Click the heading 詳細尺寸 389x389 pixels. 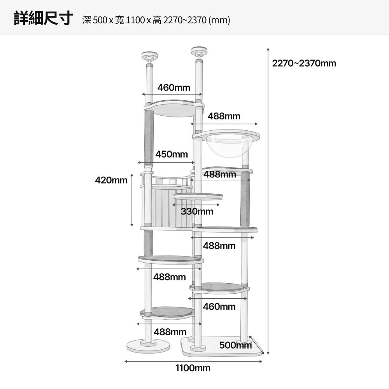click(44, 18)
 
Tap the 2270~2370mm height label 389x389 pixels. click(304, 63)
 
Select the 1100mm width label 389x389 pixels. click(193, 368)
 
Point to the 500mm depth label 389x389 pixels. click(235, 345)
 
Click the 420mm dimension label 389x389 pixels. click(111, 180)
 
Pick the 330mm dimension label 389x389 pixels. click(197, 211)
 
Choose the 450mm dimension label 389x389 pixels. click(172, 154)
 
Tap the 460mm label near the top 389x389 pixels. click(173, 88)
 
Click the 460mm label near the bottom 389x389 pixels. click(219, 307)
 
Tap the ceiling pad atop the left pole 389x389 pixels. click(149, 56)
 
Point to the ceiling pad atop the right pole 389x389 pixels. click(199, 51)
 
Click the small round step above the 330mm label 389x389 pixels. click(198, 197)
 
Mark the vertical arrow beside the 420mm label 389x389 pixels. click(132, 200)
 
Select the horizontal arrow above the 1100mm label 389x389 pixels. click(193, 361)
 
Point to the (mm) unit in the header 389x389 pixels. click(219, 20)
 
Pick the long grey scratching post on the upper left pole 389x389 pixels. click(149, 138)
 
